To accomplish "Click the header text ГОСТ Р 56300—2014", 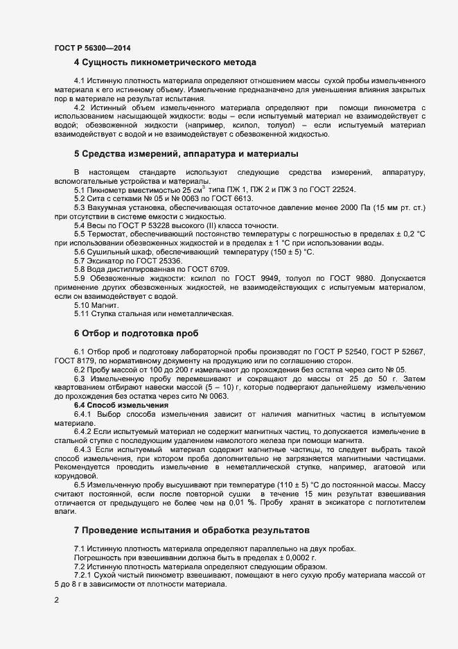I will coord(91,48).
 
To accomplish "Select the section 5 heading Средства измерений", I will coord(186,153).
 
